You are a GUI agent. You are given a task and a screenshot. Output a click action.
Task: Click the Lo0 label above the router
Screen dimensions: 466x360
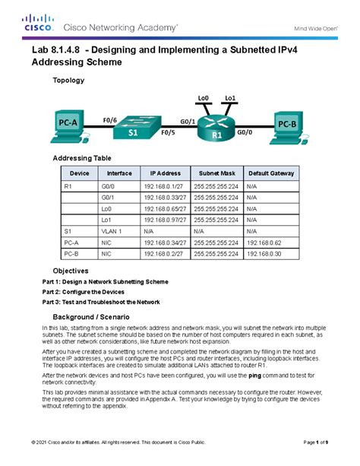203,98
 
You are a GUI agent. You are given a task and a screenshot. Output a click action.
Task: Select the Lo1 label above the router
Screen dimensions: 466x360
232,98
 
